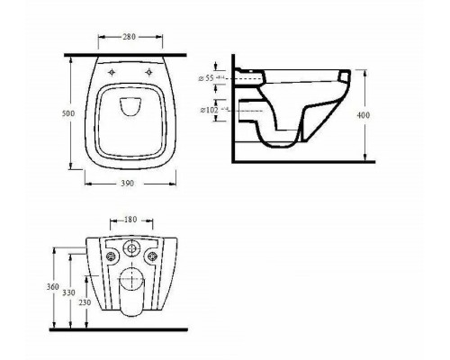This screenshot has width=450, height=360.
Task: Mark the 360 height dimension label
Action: (55, 285)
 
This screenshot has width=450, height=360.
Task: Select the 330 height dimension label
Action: (69, 292)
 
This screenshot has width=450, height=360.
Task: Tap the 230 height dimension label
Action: (84, 302)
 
